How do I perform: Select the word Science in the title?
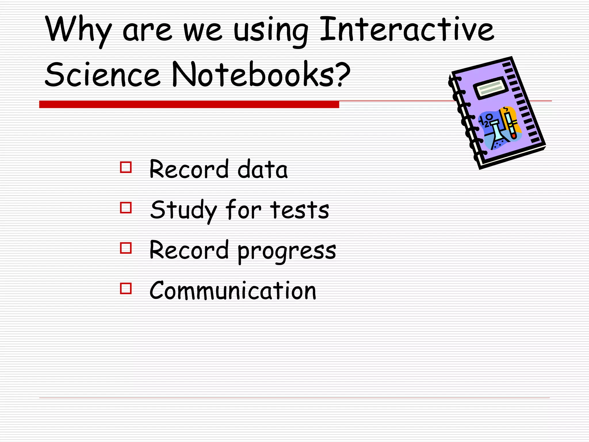[x=102, y=74]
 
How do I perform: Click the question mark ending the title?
[x=344, y=74]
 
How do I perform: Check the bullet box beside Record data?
[x=126, y=167]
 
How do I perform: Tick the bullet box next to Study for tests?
[x=126, y=207]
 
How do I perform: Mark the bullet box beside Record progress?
[x=126, y=248]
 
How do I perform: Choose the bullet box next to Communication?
[x=126, y=288]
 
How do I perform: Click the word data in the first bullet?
[x=262, y=169]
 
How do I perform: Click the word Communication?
[x=233, y=291]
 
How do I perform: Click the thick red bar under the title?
[x=189, y=104]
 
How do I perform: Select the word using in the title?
[x=270, y=30]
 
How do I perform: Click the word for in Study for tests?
[x=243, y=209]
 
